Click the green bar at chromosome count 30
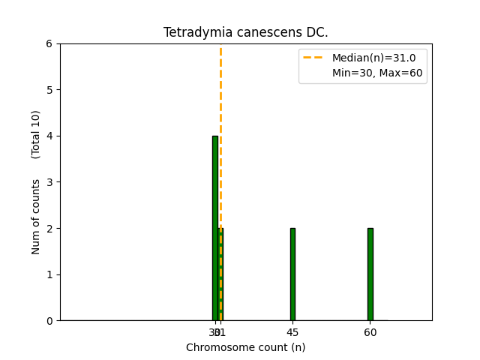214,228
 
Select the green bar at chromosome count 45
292,274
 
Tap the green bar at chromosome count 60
370,274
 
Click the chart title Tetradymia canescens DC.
245,33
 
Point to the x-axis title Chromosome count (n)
245,347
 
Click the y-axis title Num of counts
36,216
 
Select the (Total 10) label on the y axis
36,134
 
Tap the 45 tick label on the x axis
292,332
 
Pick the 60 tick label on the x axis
370,332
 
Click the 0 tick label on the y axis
49,321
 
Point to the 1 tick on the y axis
49,274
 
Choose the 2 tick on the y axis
49,228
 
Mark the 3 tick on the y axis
49,182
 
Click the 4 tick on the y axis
49,136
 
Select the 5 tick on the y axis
49,90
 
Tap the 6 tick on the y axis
49,43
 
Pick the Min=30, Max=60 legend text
377,73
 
